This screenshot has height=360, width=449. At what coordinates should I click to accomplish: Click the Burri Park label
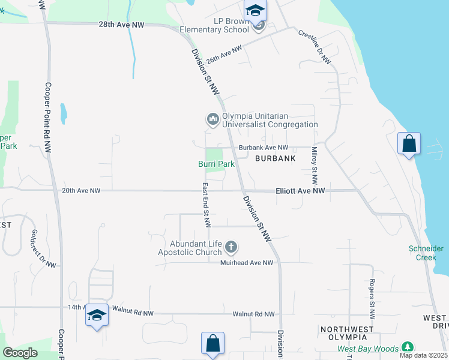point(217,163)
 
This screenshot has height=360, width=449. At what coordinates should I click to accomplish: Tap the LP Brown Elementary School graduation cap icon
point(255,10)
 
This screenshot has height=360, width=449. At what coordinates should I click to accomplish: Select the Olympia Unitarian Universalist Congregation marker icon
point(212,120)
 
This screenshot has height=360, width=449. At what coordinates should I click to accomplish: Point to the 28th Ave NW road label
point(122,25)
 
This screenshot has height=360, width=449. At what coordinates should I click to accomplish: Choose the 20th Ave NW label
point(81,191)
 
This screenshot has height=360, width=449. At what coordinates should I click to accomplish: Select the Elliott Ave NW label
point(300,191)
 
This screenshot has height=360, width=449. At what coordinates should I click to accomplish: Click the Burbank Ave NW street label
point(264,147)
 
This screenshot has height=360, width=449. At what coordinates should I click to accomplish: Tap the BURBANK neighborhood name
point(276,158)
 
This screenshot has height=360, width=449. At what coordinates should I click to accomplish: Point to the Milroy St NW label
point(314,166)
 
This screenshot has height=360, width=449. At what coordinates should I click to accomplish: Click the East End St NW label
point(206,205)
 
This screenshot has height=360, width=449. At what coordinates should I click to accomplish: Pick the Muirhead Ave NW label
point(247,263)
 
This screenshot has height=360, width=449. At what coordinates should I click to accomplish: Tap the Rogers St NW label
point(372,299)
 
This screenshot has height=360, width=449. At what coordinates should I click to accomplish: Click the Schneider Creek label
point(426,253)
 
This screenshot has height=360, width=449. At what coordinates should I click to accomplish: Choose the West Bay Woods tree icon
point(408,347)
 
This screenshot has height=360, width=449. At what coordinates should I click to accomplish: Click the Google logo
point(20,353)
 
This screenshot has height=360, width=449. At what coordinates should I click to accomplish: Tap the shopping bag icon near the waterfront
point(409,144)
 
